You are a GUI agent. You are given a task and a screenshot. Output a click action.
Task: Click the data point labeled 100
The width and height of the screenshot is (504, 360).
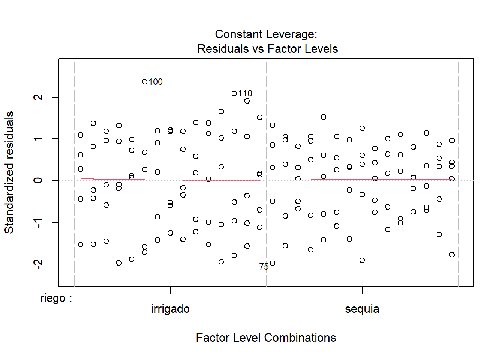click(145, 82)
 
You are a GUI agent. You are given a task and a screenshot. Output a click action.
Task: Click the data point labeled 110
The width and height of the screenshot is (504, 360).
click(234, 93)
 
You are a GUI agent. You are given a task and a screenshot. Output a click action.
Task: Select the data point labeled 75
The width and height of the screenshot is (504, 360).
click(273, 263)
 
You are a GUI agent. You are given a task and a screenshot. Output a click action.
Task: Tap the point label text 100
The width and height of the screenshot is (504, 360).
click(156, 82)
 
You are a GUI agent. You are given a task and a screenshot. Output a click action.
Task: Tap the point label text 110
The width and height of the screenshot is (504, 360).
click(245, 93)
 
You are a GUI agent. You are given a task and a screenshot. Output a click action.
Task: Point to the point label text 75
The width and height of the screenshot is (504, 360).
click(264, 267)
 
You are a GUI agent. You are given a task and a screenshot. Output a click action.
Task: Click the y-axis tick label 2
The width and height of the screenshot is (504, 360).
click(38, 97)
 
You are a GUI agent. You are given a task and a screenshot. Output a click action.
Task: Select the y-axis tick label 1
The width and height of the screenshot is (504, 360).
click(38, 139)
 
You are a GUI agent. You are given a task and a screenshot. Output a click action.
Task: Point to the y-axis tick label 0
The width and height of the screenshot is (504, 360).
click(38, 180)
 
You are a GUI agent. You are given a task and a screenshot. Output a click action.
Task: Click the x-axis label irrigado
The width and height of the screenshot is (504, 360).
click(170, 309)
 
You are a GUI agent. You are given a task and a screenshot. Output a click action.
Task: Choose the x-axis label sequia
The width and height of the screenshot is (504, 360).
click(362, 309)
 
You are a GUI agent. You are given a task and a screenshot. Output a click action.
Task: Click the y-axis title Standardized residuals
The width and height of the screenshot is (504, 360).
click(9, 172)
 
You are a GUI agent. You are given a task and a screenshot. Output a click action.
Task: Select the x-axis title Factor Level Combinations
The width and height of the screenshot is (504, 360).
click(266, 337)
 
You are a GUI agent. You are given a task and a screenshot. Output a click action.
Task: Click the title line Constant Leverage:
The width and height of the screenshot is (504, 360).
click(266, 34)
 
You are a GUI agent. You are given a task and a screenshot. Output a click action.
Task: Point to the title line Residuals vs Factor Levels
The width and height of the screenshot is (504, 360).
click(268, 49)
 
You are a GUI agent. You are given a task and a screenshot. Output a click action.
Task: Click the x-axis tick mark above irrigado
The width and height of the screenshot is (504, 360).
click(170, 290)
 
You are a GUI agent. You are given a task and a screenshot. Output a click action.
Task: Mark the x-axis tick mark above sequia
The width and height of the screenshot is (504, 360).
click(362, 290)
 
